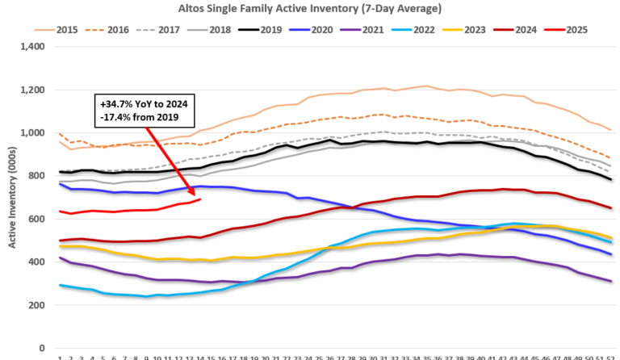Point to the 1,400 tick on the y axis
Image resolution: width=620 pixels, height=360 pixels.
pyautogui.click(x=33, y=46)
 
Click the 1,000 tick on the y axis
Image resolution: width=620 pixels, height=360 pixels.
pyautogui.click(x=33, y=132)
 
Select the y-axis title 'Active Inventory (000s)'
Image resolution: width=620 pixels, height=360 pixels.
pyautogui.click(x=12, y=197)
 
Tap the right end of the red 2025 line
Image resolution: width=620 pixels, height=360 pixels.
pyautogui.click(x=200, y=199)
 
